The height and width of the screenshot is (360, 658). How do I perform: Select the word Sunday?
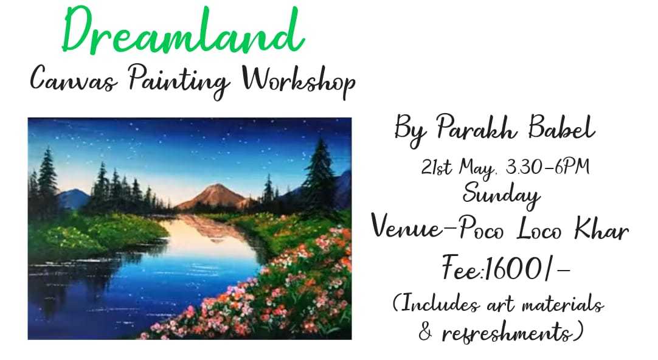pos(502,194)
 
